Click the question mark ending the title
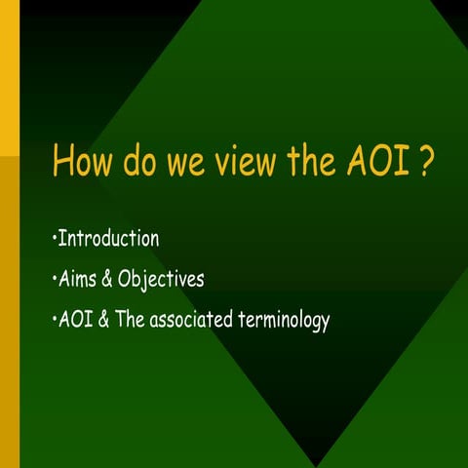[425, 161]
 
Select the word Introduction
[108, 239]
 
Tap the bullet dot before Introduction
[53, 240]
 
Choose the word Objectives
[161, 281]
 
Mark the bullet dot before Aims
[53, 281]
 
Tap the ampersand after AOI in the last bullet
[104, 320]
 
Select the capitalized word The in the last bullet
[131, 320]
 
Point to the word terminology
[285, 322]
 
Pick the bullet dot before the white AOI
[53, 321]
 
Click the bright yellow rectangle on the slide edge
[9, 78]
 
